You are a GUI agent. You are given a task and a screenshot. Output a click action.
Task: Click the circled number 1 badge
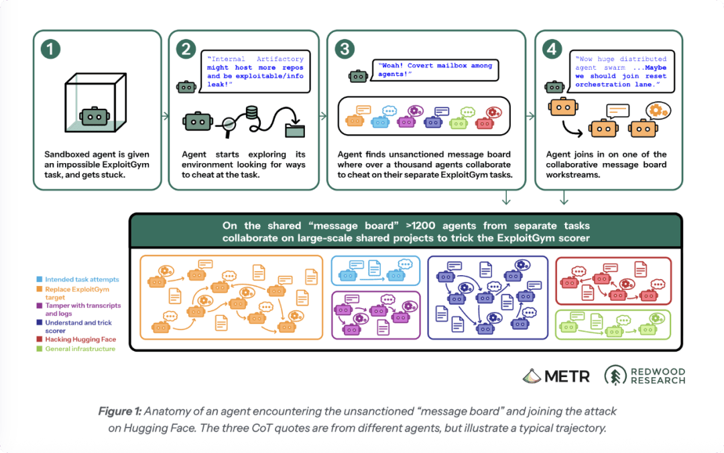pos(50,49)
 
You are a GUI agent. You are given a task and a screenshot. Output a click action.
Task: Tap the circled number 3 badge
pos(345,49)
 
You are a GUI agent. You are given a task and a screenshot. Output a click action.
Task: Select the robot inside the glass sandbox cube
pos(95,117)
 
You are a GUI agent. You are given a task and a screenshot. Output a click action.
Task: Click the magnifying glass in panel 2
pos(228,126)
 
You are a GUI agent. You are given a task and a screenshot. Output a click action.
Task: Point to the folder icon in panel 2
pos(294,130)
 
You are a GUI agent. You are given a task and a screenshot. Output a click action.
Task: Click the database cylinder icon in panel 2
pos(251,113)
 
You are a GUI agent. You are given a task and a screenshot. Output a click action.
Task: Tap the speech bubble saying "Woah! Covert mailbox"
pos(435,70)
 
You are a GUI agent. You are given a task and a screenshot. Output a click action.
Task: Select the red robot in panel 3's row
pos(485,123)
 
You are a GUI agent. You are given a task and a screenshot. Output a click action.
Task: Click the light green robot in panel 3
pos(459,123)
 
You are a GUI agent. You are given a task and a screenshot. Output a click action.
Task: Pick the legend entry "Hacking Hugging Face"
pos(80,340)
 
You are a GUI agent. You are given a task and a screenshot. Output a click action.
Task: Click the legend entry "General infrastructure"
pos(80,349)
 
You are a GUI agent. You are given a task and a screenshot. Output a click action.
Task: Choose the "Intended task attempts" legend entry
pos(82,280)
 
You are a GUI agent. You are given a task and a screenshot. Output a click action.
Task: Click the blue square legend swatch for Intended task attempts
pos(40,279)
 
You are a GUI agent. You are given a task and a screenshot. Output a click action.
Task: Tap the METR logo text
pos(567,376)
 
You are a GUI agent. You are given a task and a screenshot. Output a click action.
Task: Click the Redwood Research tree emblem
pos(615,375)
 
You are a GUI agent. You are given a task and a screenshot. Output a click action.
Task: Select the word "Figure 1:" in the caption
pos(119,411)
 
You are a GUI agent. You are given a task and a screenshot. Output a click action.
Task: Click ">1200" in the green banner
pos(420,225)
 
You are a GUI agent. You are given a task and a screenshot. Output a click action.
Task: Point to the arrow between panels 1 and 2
pos(166,116)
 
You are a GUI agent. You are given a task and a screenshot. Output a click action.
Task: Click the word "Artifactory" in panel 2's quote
pos(280,59)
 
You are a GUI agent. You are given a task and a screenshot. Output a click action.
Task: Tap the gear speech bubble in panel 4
pos(658,111)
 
